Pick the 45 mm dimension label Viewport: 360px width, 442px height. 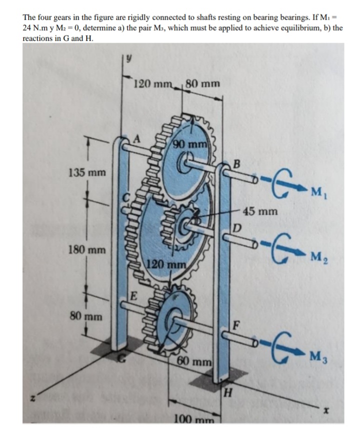(x=260, y=211)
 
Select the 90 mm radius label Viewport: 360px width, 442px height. (x=190, y=145)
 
